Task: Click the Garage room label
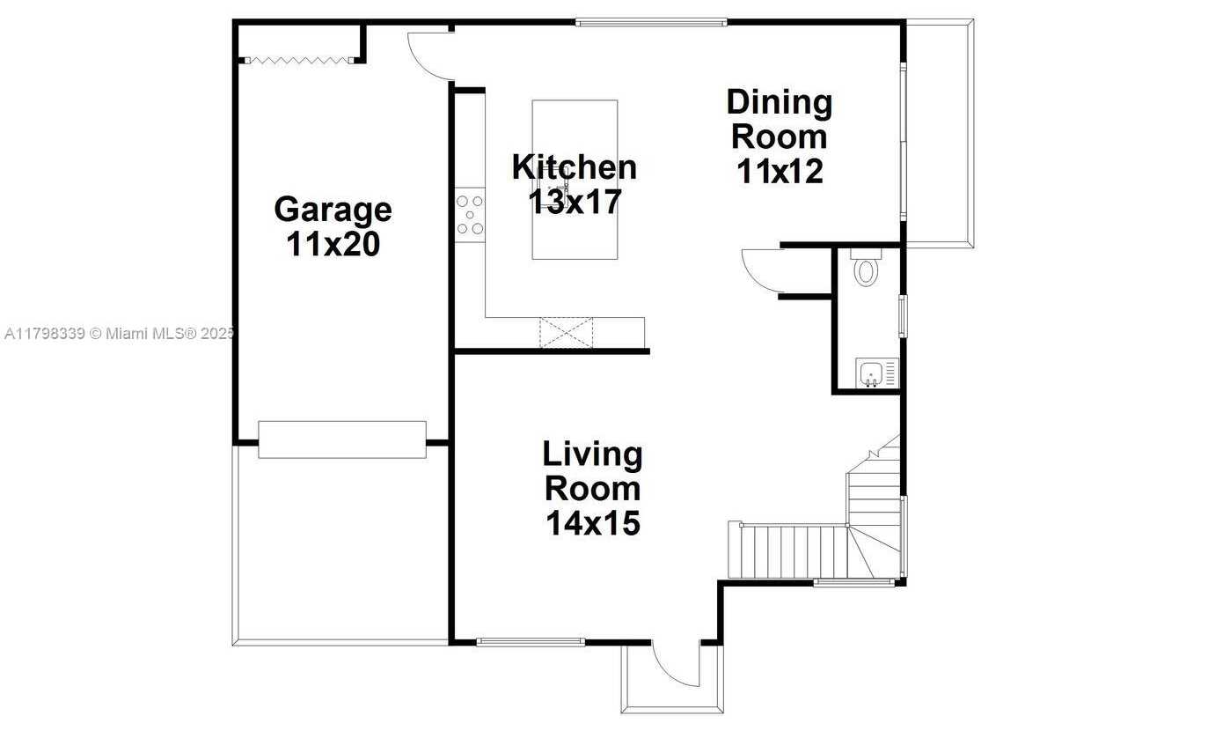pos(333,210)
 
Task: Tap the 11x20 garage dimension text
pos(333,244)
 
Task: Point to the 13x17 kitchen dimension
pos(575,202)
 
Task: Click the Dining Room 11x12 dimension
pos(780,171)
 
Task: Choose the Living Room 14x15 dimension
pos(593,522)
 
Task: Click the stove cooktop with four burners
pos(470,215)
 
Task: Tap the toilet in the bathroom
pos(866,269)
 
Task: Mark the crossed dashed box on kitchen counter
pos(567,333)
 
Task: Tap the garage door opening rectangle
pos(342,440)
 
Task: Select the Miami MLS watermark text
pos(119,334)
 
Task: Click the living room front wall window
pos(531,642)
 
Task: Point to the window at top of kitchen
pos(651,23)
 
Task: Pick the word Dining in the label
pos(780,103)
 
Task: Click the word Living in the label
pos(593,454)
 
